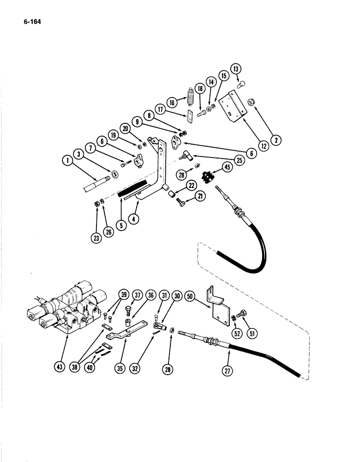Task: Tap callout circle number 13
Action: coord(237,70)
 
